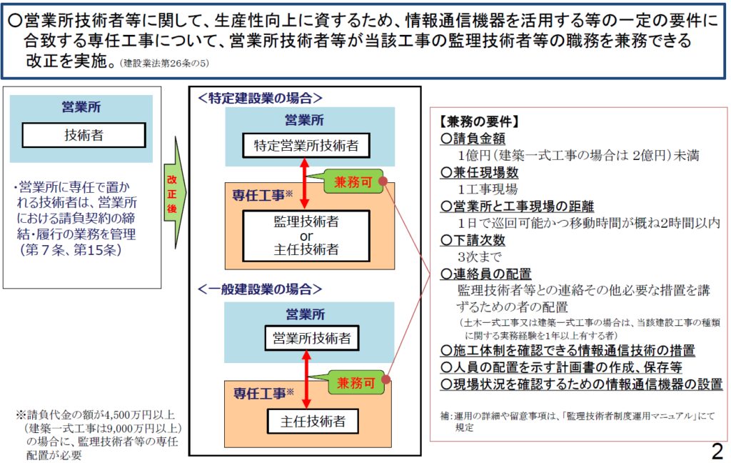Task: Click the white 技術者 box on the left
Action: [x=84, y=134]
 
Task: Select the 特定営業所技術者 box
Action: [x=306, y=146]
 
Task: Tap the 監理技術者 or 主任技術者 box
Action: [x=306, y=235]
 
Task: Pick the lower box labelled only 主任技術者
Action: [x=306, y=421]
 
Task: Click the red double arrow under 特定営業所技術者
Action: [x=306, y=184]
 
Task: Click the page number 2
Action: [x=717, y=451]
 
